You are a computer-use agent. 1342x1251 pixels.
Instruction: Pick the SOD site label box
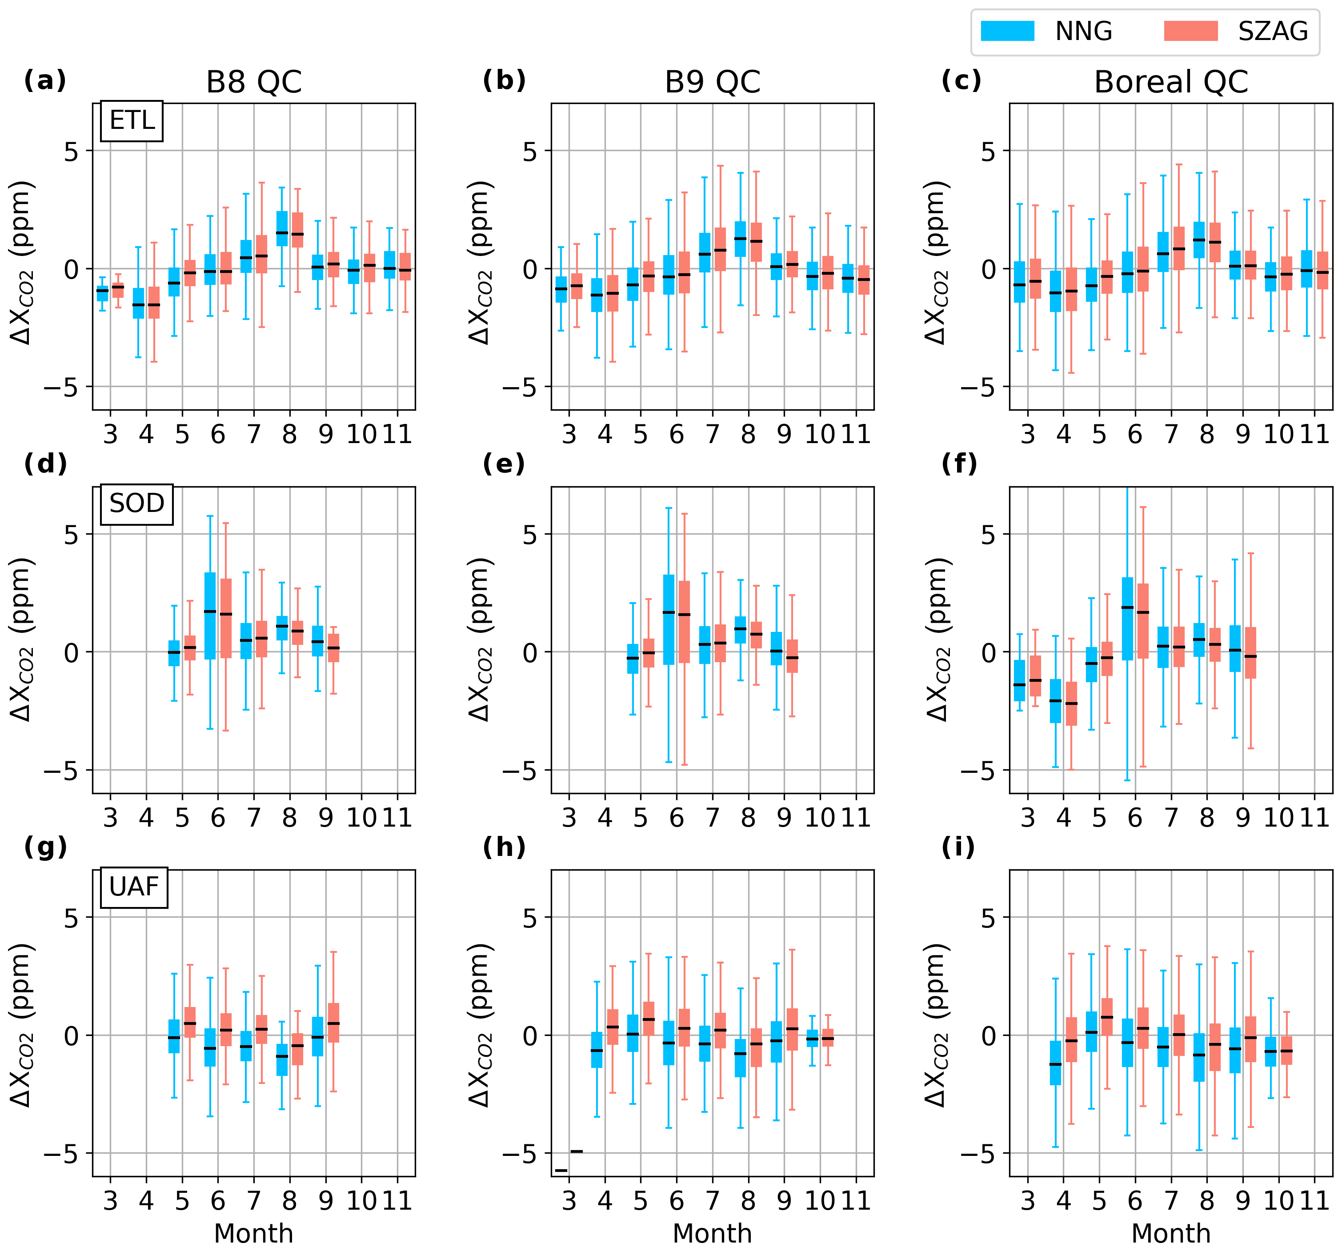pyautogui.click(x=136, y=504)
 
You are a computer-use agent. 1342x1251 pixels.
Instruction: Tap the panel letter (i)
pyautogui.click(x=958, y=847)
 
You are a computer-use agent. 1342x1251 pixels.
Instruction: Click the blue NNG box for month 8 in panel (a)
pyautogui.click(x=282, y=229)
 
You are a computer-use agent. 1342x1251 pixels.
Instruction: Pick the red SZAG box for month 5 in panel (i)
pyautogui.click(x=1107, y=1026)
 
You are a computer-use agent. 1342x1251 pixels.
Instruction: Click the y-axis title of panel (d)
pyautogui.click(x=22, y=639)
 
